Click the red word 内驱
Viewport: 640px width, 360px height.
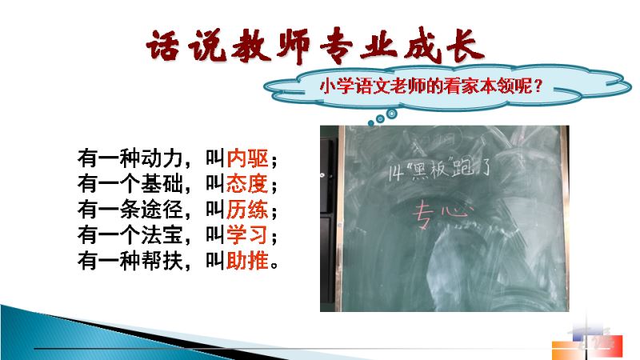(x=247, y=158)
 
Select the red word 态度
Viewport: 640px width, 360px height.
(x=247, y=184)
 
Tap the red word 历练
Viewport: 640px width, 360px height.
(x=247, y=210)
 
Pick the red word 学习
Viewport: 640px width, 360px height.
(x=247, y=234)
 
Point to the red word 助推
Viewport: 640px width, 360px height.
(x=247, y=261)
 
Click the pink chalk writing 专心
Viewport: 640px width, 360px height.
(x=442, y=214)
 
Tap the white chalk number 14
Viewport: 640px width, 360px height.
(x=394, y=174)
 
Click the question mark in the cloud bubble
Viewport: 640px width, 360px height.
(x=538, y=86)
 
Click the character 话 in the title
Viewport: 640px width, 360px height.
(x=163, y=46)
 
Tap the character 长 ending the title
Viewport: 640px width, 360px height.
(x=466, y=46)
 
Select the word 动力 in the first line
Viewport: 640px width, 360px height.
(x=162, y=158)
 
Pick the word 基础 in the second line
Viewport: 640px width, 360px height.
(x=162, y=184)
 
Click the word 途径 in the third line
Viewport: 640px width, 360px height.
(x=162, y=210)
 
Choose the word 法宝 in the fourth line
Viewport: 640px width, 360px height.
(x=162, y=234)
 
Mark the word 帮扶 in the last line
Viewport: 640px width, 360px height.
(x=162, y=261)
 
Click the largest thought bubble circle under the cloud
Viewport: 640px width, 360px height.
(x=392, y=114)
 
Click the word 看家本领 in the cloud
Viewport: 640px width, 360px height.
(x=479, y=86)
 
